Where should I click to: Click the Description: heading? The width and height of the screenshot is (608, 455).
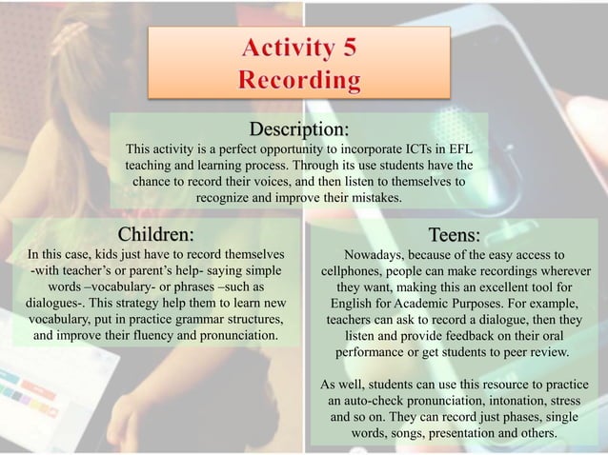pyautogui.click(x=299, y=129)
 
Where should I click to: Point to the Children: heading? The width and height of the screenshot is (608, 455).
pyautogui.click(x=156, y=234)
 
